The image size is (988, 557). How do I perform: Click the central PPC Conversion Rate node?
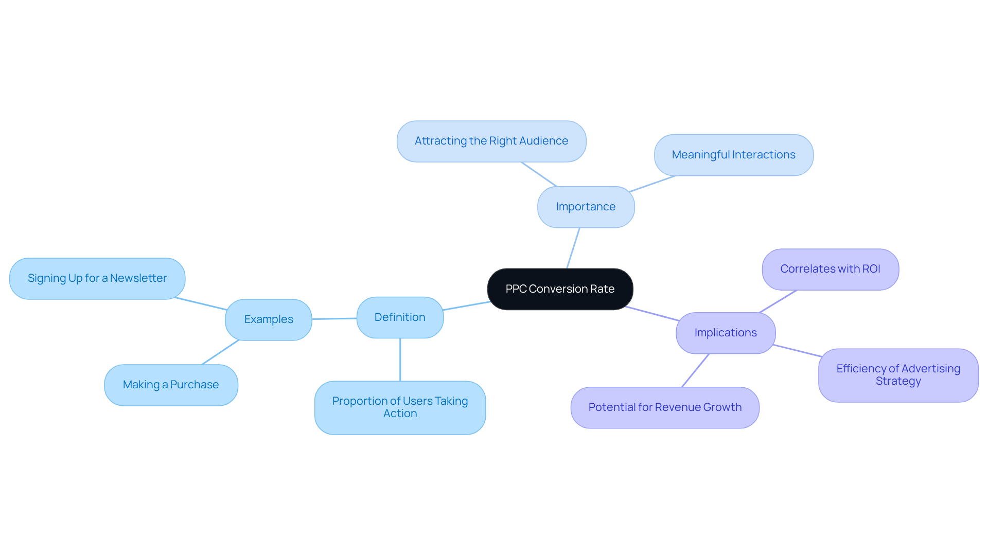[x=560, y=289]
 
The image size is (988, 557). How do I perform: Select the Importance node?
[x=586, y=207]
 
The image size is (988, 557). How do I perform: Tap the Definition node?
[x=400, y=317]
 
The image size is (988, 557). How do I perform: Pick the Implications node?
[x=726, y=333]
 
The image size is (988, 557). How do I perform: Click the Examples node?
[x=269, y=319]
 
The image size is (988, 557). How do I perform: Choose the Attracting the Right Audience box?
[x=491, y=141]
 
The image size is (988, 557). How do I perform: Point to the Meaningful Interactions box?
[x=733, y=155]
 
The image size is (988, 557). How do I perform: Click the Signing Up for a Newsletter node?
[x=97, y=278]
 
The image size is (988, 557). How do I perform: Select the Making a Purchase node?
[x=171, y=385]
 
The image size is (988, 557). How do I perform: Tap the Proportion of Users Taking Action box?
[x=400, y=407]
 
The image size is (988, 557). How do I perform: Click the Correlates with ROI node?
[x=830, y=269]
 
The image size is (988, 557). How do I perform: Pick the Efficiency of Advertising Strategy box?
[x=898, y=375]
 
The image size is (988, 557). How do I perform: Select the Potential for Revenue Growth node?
[x=665, y=407]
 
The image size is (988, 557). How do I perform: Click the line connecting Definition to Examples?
[x=334, y=319]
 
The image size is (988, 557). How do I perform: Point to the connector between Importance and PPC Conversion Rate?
[x=573, y=248]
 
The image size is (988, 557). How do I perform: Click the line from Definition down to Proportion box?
[x=400, y=360]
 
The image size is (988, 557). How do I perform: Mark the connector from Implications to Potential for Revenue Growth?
[x=696, y=370]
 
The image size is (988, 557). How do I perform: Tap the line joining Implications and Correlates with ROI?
[x=778, y=301]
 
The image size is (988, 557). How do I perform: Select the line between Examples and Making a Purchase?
[x=220, y=352]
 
